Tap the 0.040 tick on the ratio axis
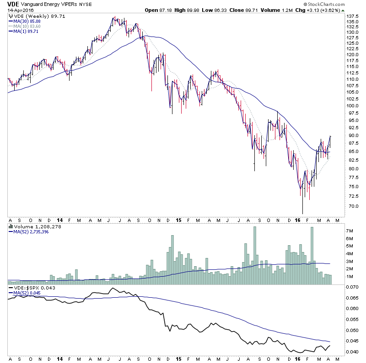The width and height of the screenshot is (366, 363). (x=351, y=352)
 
